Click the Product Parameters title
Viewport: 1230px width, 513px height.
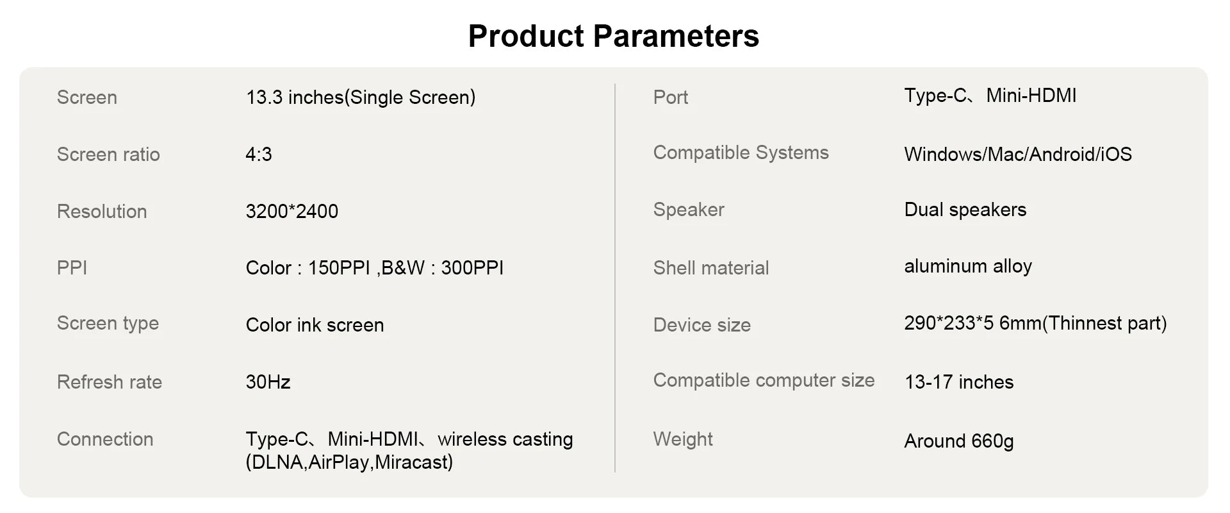(614, 37)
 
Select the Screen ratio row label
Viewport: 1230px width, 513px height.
(108, 155)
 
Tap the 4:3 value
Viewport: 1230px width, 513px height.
(259, 155)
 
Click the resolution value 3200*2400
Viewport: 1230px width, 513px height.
(292, 212)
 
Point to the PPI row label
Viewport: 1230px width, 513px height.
(72, 268)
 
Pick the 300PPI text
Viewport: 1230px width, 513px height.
(472, 268)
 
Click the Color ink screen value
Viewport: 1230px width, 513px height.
(315, 325)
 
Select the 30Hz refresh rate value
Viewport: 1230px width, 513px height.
(268, 382)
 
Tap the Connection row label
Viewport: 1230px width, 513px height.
(105, 439)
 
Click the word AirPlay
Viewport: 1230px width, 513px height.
(340, 462)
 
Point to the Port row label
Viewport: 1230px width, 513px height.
(671, 97)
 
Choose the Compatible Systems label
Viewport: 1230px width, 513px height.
(741, 153)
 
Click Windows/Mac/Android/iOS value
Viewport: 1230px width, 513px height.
(1018, 155)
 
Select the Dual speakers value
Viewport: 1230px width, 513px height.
(965, 210)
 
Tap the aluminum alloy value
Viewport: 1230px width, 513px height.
(968, 266)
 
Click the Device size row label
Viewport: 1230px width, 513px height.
(702, 325)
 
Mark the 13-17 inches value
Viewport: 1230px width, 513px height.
(959, 382)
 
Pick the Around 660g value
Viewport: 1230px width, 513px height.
(959, 441)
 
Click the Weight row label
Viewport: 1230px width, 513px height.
(683, 439)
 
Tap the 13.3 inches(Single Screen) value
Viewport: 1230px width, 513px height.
(361, 97)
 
